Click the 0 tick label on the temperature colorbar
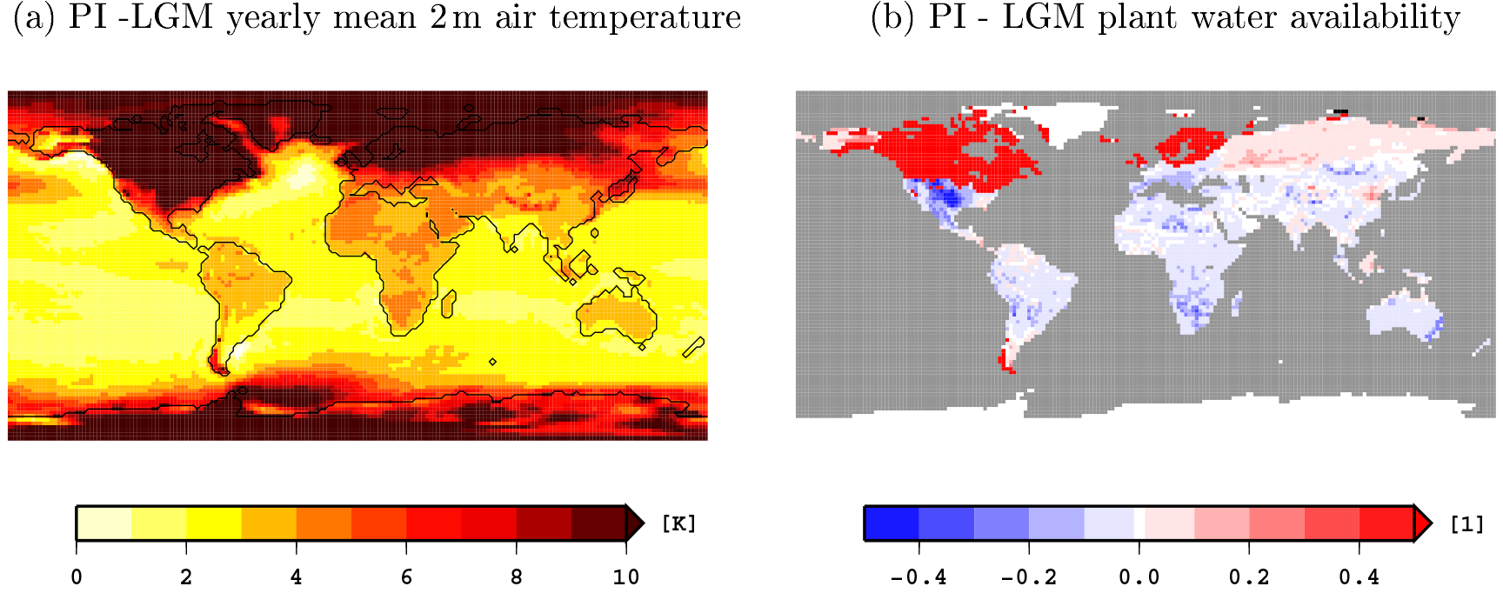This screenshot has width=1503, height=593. point(77,577)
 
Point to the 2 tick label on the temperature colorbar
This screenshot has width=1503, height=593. point(186,577)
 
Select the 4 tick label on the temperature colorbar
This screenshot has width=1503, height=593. point(297,577)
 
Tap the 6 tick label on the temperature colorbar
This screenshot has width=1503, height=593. point(406,577)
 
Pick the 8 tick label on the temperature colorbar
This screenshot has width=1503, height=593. point(517,577)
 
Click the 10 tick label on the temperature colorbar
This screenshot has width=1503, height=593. point(626,577)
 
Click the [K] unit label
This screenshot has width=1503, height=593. point(678,523)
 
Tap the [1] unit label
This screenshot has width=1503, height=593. point(1467,523)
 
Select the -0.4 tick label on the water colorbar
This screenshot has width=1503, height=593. point(918,577)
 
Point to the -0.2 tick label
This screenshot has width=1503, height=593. point(1029,577)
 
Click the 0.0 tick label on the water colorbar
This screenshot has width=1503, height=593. point(1139,577)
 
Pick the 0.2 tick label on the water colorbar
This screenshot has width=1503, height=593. point(1249,577)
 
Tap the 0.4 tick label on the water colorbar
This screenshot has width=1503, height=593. point(1359,577)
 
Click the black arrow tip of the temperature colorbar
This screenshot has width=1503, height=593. point(635,523)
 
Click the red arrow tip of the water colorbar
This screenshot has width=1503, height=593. point(1422,523)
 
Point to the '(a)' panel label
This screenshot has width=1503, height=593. point(34,17)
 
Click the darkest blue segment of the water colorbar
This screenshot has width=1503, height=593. point(892,523)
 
